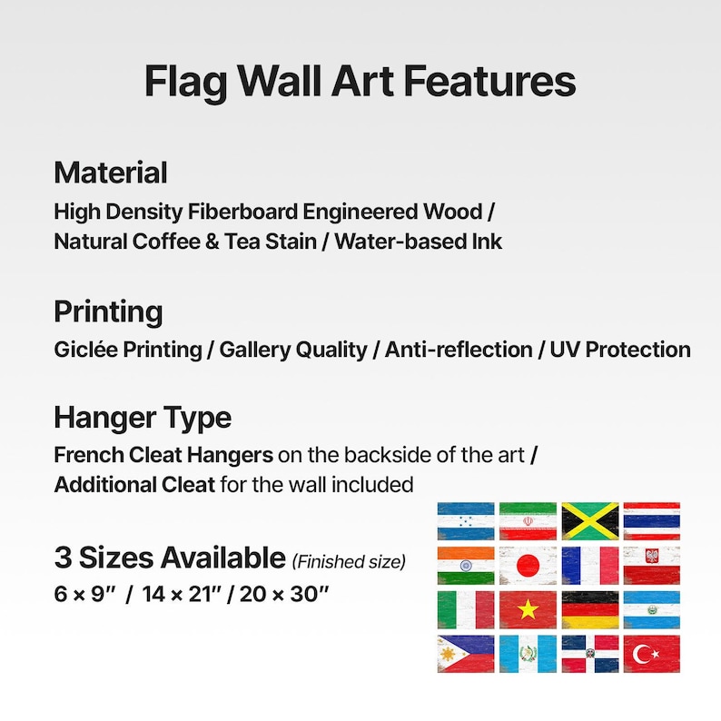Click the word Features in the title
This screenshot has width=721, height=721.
pyautogui.click(x=489, y=82)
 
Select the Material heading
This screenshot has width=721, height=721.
pyautogui.click(x=111, y=173)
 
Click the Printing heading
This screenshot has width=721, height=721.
pyautogui.click(x=108, y=311)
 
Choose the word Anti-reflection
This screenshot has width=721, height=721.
pyautogui.click(x=459, y=350)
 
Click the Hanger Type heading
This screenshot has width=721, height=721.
pyautogui.click(x=143, y=418)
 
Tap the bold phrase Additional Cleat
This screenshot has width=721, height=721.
pyautogui.click(x=134, y=483)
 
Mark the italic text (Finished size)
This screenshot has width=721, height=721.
pyautogui.click(x=349, y=563)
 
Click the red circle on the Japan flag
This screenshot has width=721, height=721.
pyautogui.click(x=528, y=565)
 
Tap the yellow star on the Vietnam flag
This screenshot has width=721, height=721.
pyautogui.click(x=528, y=610)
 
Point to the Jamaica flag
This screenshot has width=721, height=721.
pyautogui.click(x=589, y=520)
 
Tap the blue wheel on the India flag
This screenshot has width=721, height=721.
pyautogui.click(x=466, y=565)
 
